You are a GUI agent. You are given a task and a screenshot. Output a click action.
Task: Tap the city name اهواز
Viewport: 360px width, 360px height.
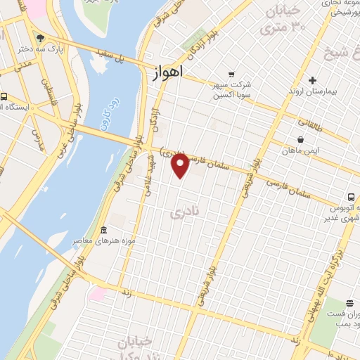tap(167, 72)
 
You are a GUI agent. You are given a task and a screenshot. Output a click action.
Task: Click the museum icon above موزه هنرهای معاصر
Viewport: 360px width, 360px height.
tap(104, 231)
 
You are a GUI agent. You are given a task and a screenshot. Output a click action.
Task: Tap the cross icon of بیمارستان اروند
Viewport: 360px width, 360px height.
tap(314, 80)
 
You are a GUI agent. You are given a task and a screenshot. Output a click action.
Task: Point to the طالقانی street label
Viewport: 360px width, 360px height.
tap(309, 122)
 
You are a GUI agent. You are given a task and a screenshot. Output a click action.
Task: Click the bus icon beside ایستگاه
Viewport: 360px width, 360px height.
tap(4, 96)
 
